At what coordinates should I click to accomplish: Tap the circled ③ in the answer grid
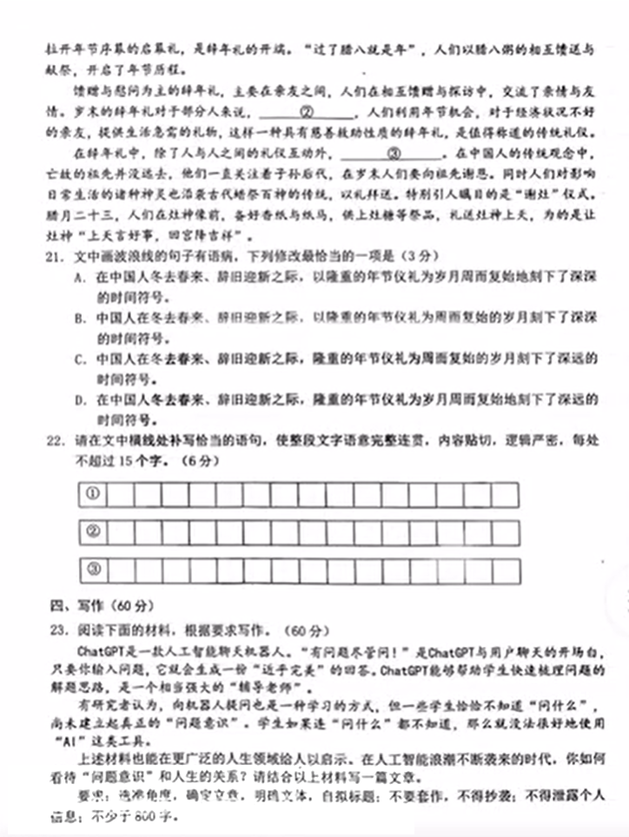coord(92,570)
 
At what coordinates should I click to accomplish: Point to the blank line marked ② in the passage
coord(307,111)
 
